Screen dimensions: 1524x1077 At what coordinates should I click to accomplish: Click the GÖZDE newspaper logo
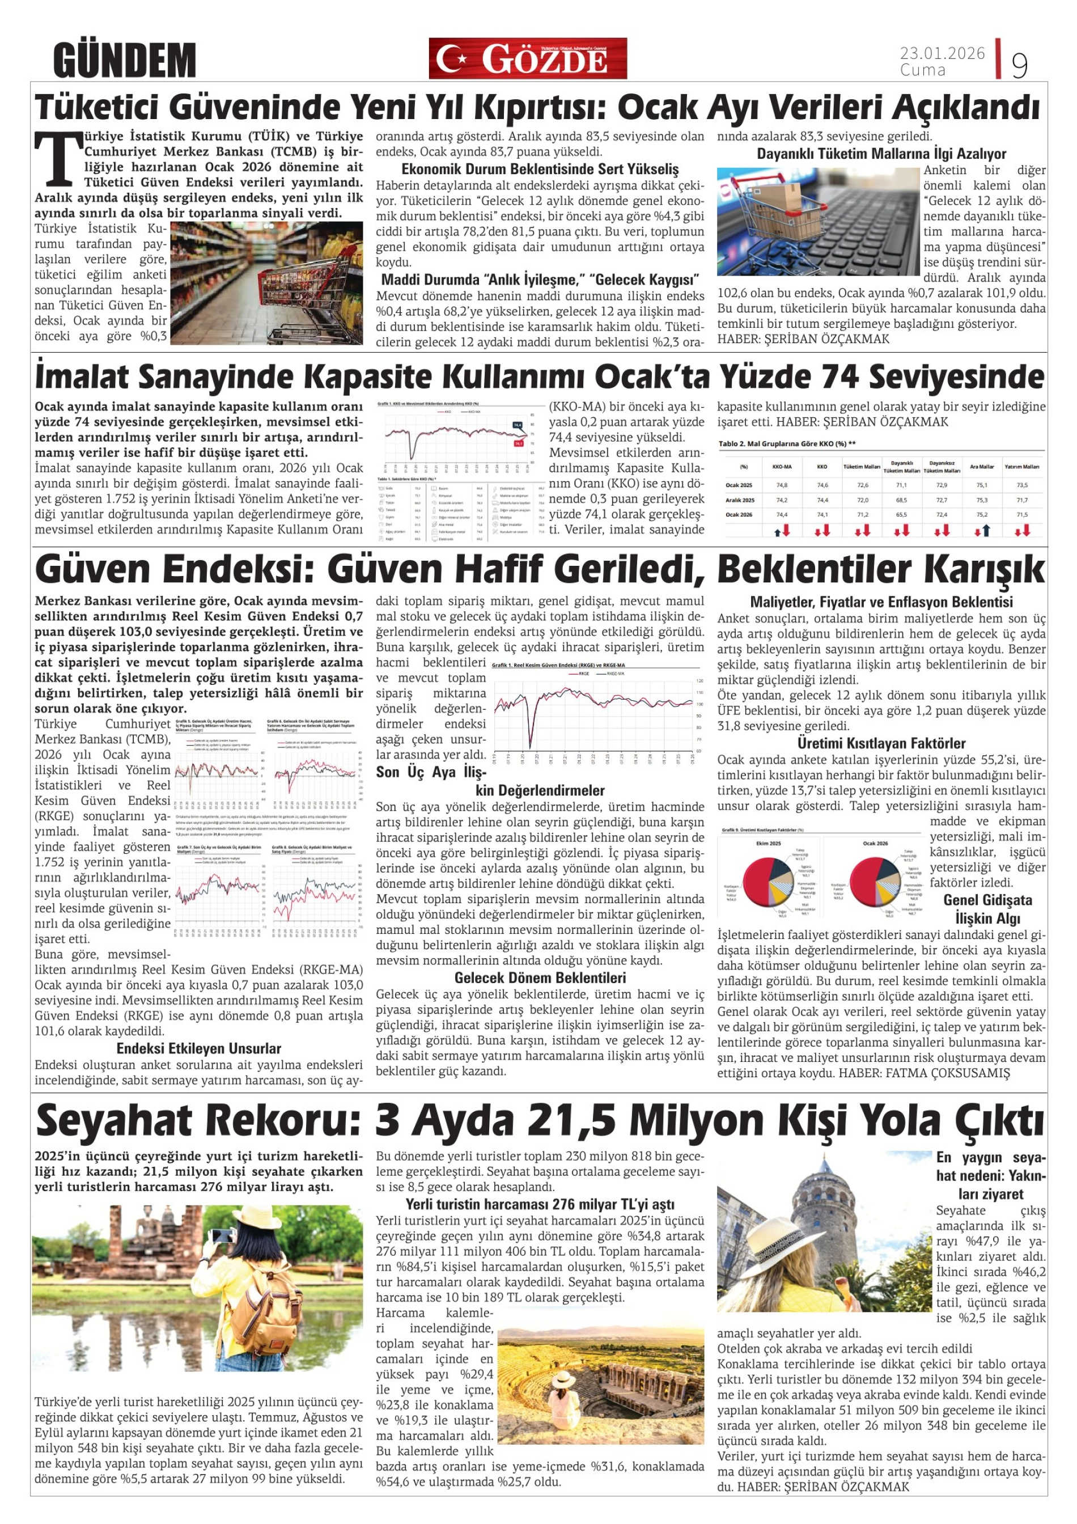[528, 59]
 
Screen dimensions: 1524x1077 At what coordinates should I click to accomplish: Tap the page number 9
[1019, 65]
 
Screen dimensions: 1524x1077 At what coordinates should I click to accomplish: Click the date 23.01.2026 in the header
[942, 53]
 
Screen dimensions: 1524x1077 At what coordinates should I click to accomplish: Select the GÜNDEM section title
[125, 60]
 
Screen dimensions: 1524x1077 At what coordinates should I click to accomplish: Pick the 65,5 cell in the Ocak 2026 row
[901, 514]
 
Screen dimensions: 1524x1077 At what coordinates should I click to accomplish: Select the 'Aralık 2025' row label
[740, 500]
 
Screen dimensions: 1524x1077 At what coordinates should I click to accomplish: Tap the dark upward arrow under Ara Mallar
[987, 530]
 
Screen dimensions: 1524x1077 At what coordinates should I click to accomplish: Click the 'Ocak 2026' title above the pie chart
[875, 843]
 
